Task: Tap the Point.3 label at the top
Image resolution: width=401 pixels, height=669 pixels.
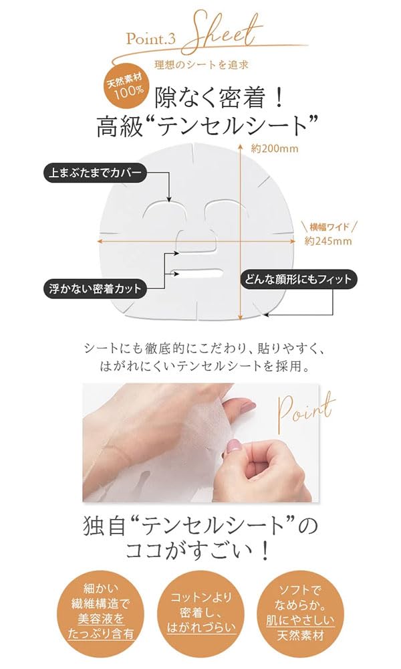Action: coord(150,39)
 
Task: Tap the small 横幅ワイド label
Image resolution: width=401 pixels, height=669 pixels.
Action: coord(327,226)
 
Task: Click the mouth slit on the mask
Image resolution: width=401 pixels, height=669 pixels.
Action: coord(198,274)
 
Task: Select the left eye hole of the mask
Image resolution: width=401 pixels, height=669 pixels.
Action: coord(164,213)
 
